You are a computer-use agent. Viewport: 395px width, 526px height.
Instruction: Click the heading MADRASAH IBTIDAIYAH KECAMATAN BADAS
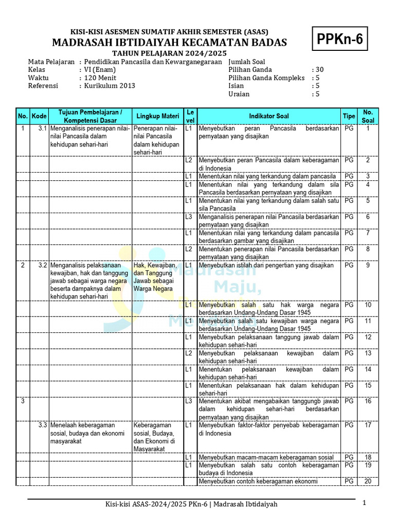point(169,42)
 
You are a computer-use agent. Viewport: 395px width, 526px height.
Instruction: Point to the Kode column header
point(39,116)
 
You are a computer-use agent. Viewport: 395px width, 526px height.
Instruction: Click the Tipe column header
point(349,116)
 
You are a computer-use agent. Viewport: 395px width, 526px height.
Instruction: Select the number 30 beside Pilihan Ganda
point(319,69)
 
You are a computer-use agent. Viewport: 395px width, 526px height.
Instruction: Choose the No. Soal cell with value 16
point(368,401)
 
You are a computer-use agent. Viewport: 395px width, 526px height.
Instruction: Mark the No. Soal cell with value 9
point(368,266)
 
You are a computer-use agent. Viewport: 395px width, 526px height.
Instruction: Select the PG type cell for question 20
point(349,481)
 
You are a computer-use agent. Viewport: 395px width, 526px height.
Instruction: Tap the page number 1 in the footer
point(364,503)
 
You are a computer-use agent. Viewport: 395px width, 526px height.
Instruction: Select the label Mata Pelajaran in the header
point(50,61)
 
